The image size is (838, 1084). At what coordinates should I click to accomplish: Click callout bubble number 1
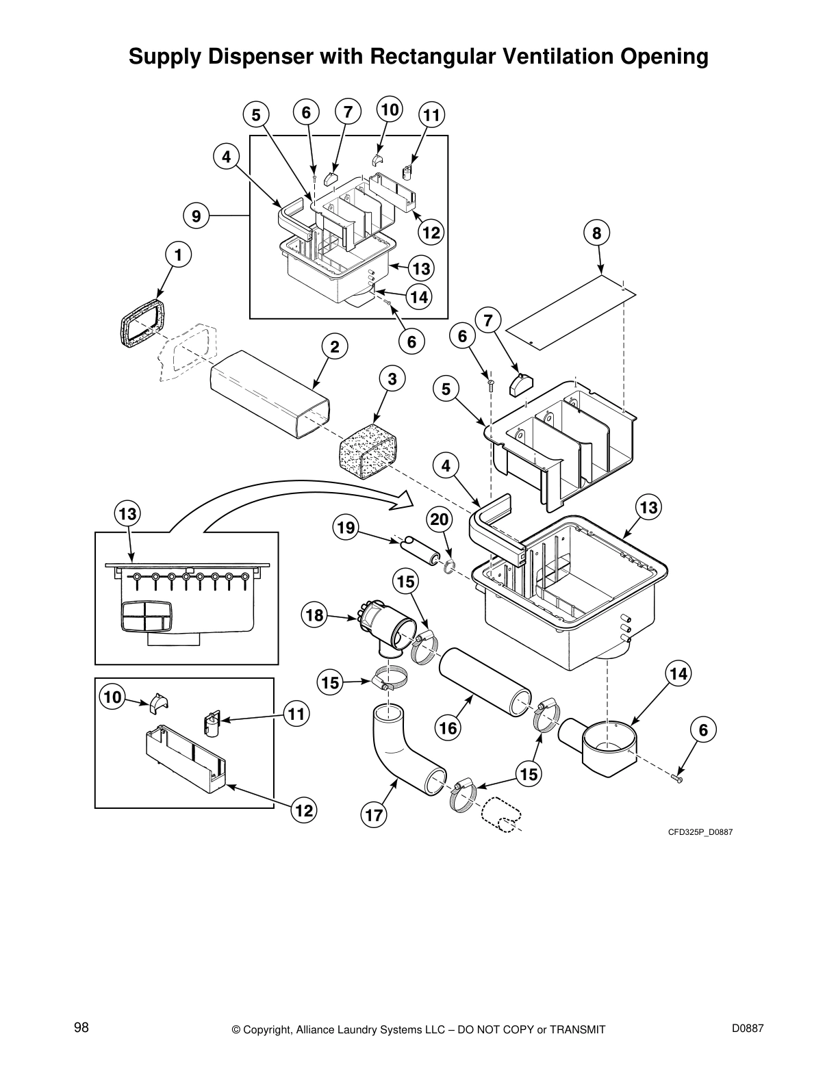click(178, 255)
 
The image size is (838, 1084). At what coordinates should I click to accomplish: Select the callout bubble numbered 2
click(335, 347)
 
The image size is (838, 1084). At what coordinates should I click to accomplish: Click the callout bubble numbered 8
click(597, 233)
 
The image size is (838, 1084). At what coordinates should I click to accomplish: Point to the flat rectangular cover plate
click(574, 307)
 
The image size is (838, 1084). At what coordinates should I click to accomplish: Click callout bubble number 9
click(196, 216)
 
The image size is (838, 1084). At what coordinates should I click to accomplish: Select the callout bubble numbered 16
click(448, 727)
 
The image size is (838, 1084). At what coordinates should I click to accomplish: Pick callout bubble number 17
click(374, 814)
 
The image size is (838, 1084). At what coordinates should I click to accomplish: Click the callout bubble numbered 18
click(314, 615)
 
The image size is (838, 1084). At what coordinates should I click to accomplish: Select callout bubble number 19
click(346, 527)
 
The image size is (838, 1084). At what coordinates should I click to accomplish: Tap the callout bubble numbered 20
click(440, 520)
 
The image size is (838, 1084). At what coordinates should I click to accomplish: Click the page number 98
click(81, 1027)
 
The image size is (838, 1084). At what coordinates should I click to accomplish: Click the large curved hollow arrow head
click(404, 500)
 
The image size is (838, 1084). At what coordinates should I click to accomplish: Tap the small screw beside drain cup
click(678, 778)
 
